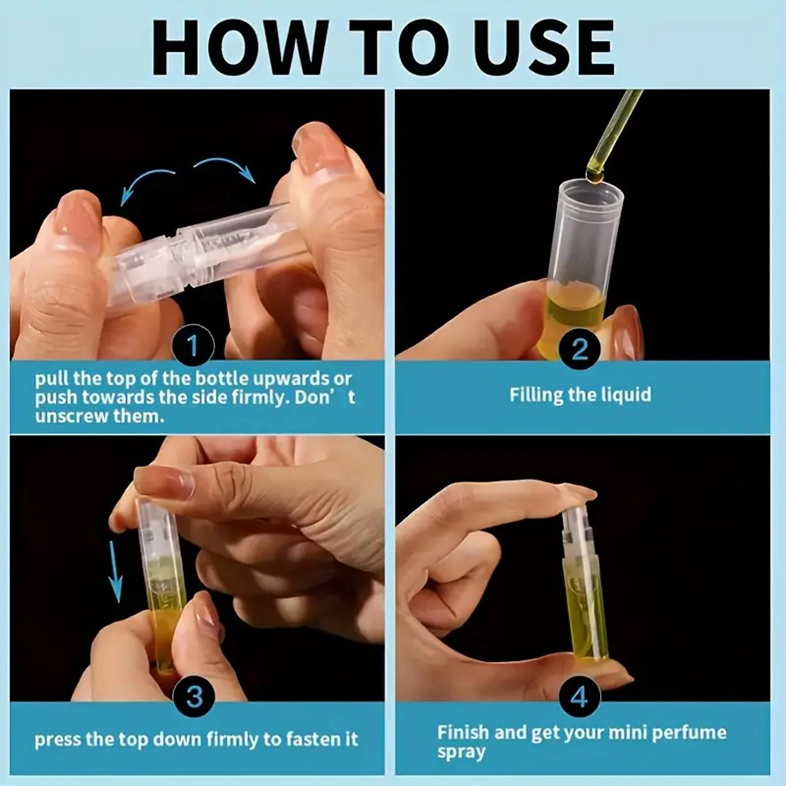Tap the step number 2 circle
coord(580,350)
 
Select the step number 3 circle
coord(195,696)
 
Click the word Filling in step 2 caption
coord(536,394)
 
